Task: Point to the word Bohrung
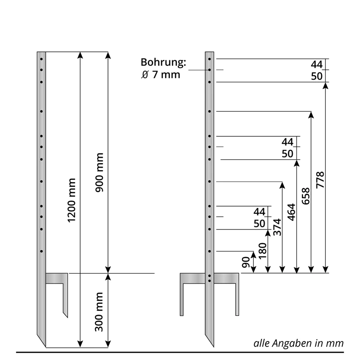(163, 63)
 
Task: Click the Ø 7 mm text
(161, 75)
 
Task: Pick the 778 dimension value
(320, 180)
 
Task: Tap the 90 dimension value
(246, 262)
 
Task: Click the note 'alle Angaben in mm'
(298, 343)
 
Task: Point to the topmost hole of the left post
(41, 59)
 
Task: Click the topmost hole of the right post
(210, 59)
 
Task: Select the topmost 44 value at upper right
(317, 64)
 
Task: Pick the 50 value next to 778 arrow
(317, 76)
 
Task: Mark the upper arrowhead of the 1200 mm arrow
(80, 54)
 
